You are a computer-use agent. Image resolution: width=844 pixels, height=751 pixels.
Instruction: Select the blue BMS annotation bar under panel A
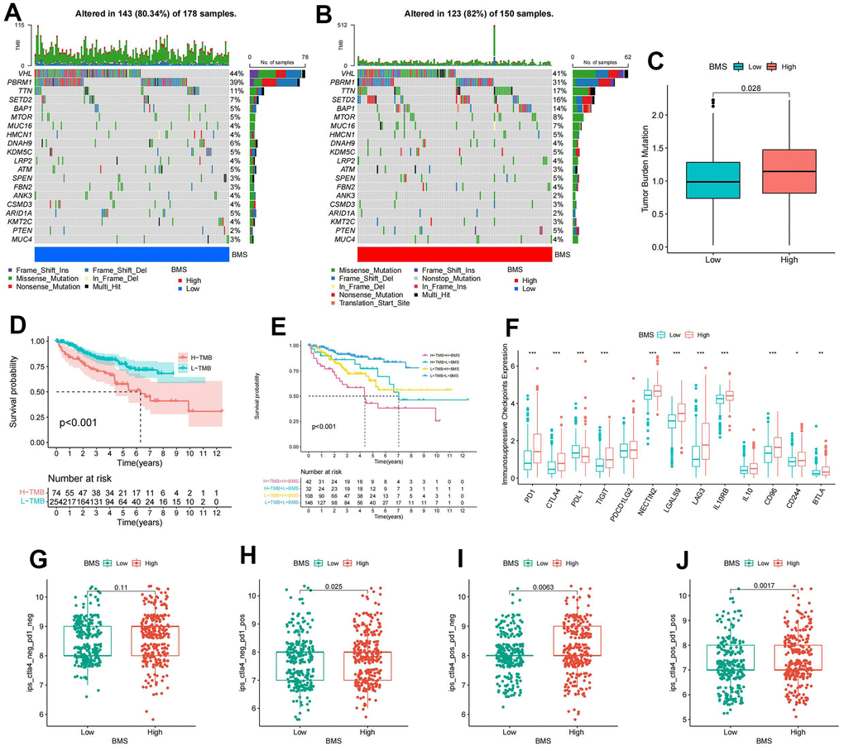pyautogui.click(x=132, y=254)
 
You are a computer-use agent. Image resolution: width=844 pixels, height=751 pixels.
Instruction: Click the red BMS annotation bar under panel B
pyautogui.click(x=454, y=254)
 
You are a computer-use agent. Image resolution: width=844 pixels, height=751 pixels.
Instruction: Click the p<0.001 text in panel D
pyautogui.click(x=80, y=423)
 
